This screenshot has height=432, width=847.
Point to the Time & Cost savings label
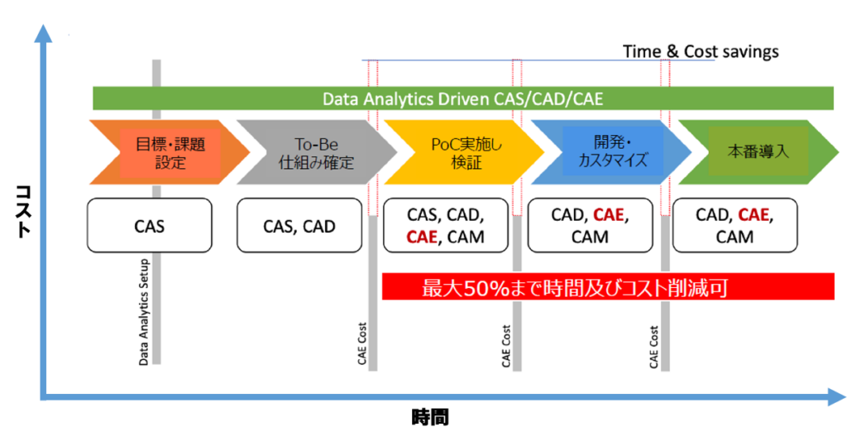click(701, 51)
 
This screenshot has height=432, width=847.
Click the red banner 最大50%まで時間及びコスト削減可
click(608, 286)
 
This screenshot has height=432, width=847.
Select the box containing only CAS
click(149, 225)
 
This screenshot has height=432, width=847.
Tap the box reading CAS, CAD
click(299, 225)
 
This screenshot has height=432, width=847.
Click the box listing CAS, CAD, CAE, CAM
click(446, 225)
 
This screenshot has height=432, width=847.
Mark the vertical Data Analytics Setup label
click(144, 313)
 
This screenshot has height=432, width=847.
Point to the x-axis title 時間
click(430, 417)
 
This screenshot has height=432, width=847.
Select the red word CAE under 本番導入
click(753, 215)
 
